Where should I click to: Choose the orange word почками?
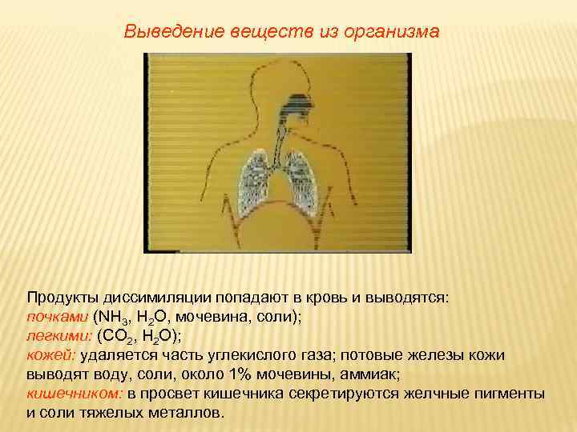[57, 316]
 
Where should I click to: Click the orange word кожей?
[51, 354]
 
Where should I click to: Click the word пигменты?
[510, 393]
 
